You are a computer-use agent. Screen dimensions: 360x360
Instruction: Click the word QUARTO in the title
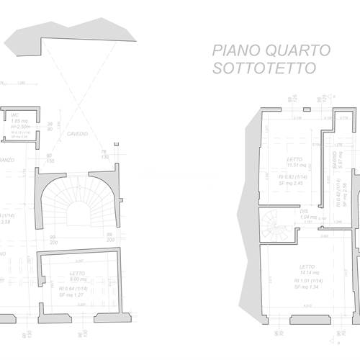pyautogui.click(x=296, y=50)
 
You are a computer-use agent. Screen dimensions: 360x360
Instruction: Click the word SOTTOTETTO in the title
pyautogui.click(x=264, y=69)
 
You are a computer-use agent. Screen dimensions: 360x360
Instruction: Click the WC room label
pyautogui.click(x=14, y=115)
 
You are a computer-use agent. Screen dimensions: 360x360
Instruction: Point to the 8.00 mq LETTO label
pyautogui.click(x=78, y=276)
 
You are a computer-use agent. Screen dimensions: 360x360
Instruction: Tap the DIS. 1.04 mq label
pyautogui.click(x=308, y=215)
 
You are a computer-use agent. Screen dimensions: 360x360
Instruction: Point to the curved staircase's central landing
pyautogui.click(x=77, y=213)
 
